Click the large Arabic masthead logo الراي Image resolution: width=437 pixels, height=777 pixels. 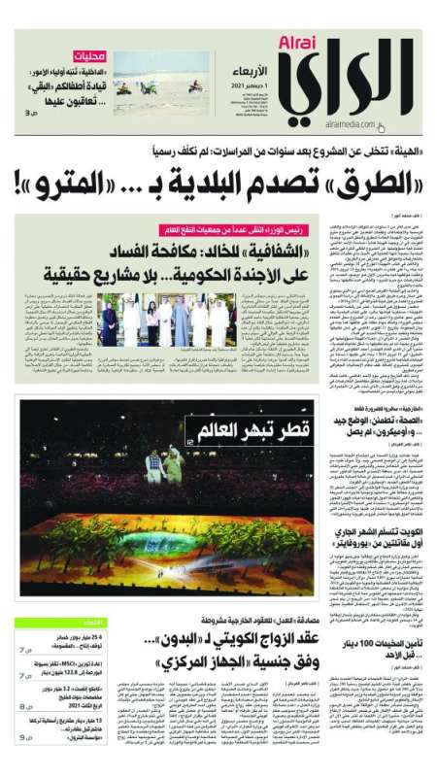click(x=359, y=82)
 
